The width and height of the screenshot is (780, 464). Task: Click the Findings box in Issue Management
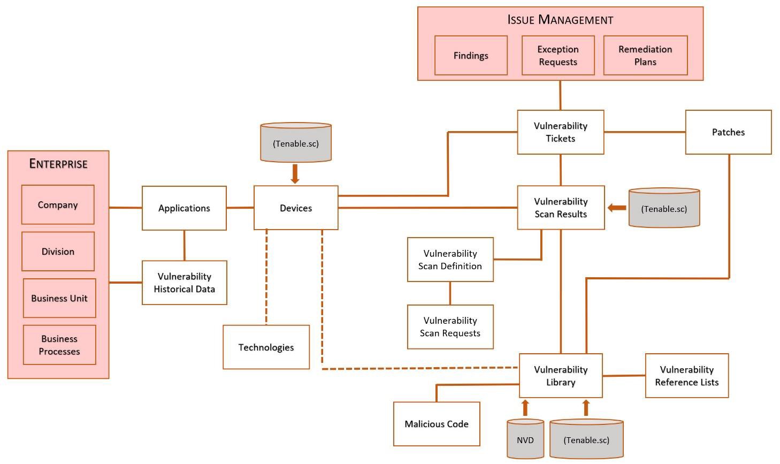471,55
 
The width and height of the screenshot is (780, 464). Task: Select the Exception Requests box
558,55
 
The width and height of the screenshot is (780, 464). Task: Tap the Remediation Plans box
645,55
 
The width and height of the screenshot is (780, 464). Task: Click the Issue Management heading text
560,20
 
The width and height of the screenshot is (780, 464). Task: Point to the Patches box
729,132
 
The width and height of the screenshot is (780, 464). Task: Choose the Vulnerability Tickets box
561,132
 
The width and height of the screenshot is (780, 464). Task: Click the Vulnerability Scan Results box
561,208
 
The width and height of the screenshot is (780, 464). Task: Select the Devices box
296,208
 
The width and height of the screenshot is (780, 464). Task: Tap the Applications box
184,208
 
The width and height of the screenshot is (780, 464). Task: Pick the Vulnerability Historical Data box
185,283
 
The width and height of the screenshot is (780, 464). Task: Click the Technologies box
266,347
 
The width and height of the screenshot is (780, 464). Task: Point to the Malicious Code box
437,424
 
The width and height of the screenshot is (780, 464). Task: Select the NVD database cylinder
525,439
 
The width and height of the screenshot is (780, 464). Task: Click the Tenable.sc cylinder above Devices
296,142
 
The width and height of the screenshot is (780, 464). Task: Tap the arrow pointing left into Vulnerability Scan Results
617,208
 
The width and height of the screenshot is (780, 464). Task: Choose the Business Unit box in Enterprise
59,298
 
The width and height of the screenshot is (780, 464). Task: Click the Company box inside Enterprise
58,204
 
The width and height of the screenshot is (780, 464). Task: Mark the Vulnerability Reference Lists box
687,376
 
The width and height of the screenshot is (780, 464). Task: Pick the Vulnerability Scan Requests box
450,327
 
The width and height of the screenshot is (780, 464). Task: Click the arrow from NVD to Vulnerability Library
525,408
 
